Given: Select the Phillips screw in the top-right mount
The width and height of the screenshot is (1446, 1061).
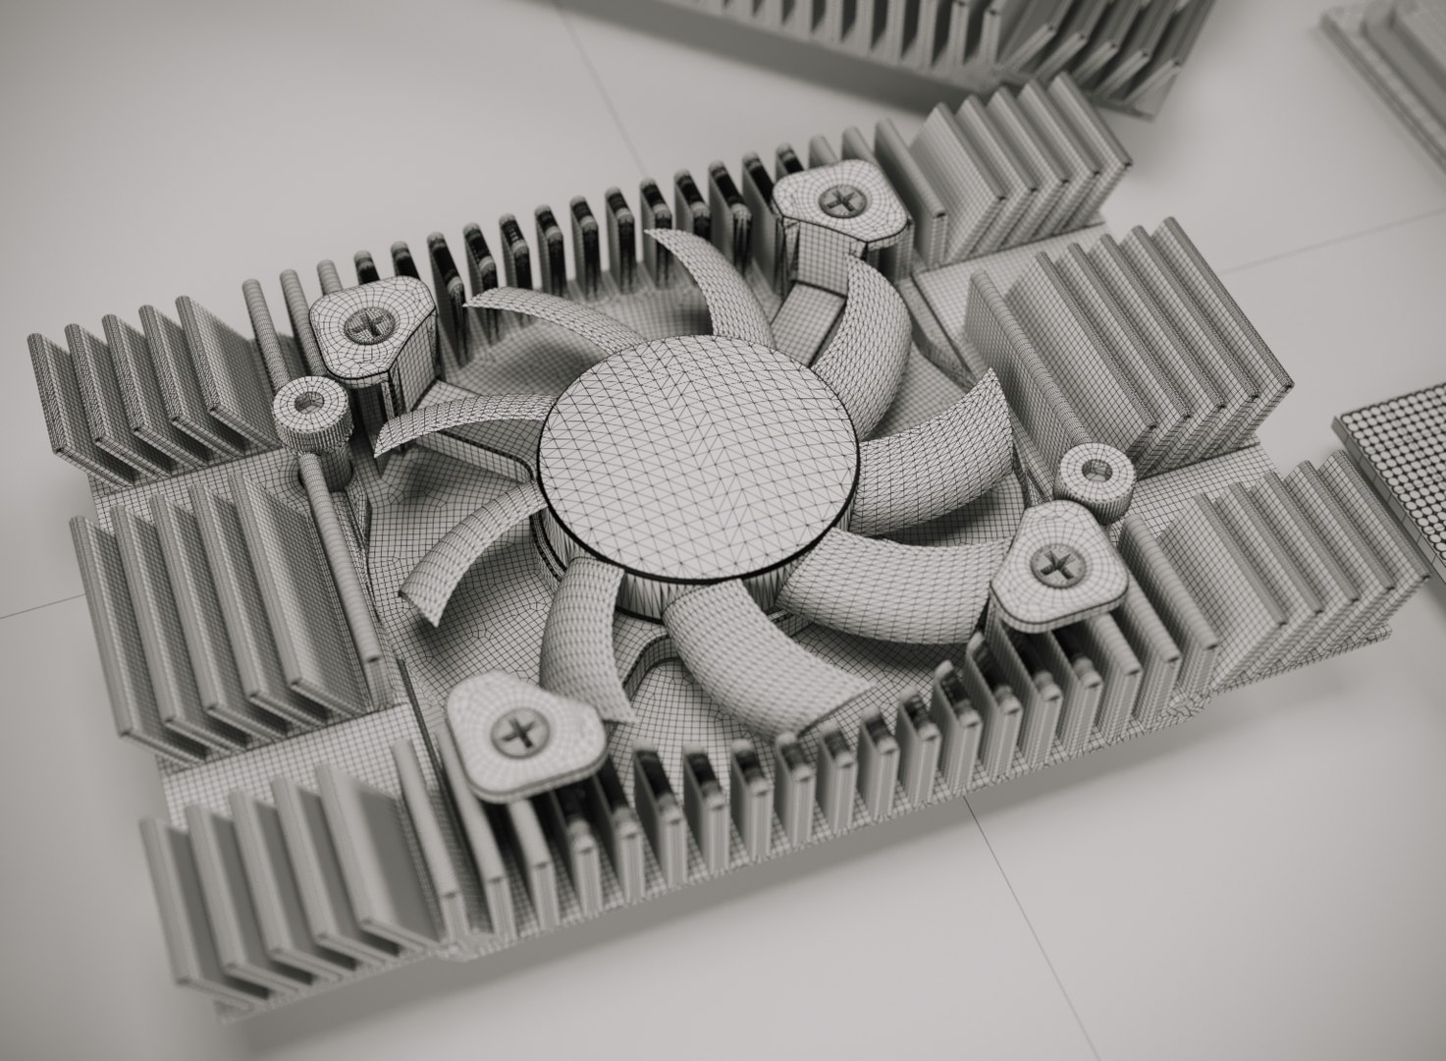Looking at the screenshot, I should (838, 203).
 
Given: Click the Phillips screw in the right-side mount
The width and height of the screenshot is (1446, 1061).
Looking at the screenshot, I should (1055, 565).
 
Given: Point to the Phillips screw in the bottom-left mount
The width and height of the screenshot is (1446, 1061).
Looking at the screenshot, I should (514, 731).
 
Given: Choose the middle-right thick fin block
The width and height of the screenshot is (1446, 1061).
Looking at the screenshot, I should (1129, 334).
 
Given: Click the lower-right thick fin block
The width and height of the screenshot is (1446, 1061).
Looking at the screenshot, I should (1276, 560).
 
